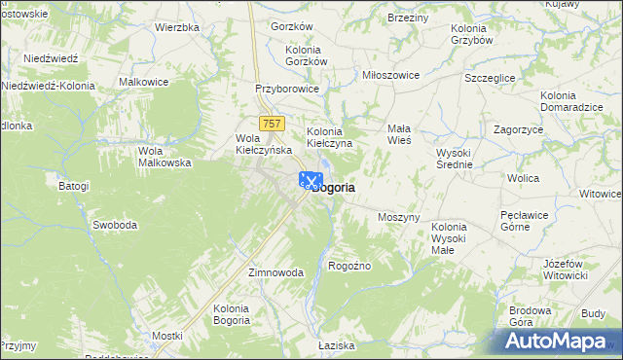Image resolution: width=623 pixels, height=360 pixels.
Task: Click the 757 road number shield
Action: [273, 123]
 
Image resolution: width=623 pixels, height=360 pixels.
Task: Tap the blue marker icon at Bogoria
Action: [310, 181]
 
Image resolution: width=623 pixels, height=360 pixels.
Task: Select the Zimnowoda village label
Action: [275, 272]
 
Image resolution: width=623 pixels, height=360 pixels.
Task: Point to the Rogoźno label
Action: [350, 265]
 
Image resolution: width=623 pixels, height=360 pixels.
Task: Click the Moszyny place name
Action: [398, 217]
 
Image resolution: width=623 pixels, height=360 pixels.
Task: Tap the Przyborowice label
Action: [287, 88]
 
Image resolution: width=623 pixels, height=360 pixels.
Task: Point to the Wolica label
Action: [522, 179]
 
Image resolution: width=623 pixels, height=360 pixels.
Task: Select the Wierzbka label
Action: [176, 27]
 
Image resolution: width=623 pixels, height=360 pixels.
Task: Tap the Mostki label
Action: [167, 336]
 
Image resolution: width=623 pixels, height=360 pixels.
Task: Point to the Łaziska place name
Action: [336, 345]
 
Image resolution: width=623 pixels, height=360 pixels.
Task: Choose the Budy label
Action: [593, 313]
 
